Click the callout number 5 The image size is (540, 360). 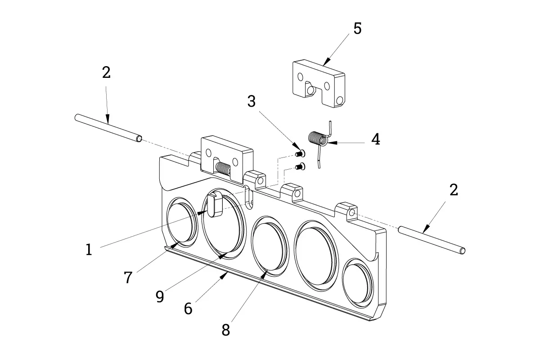357,28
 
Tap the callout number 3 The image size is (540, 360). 252,101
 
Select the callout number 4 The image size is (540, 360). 376,139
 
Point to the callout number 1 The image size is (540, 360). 89,249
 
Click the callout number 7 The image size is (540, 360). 128,277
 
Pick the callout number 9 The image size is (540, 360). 160,297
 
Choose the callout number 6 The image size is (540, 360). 188,308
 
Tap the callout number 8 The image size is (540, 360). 226,330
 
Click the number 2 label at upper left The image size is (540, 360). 106,72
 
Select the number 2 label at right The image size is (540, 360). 454,190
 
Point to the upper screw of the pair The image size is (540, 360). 301,153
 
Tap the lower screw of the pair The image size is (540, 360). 301,166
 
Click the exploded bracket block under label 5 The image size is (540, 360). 319,83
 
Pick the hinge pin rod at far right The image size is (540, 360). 432,240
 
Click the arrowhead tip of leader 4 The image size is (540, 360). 327,143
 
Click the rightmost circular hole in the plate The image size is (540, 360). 358,283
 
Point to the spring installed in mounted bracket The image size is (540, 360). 224,169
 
